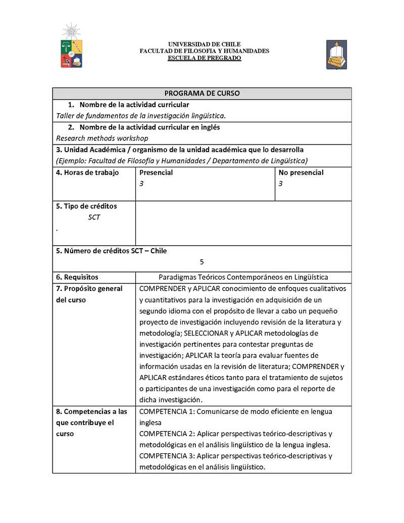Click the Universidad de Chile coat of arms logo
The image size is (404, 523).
tap(71, 47)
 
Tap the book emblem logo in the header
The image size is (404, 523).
tap(336, 55)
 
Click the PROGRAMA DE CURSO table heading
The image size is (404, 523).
tap(202, 93)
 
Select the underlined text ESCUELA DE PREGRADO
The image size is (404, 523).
tap(204, 58)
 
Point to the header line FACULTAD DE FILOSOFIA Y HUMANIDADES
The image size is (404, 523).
tap(204, 51)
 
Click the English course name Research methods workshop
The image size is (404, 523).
tap(102, 138)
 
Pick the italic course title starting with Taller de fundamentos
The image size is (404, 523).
tap(141, 116)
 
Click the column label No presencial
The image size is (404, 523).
tap(301, 172)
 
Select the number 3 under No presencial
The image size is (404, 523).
tap(280, 184)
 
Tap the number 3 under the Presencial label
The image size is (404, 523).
tap(141, 184)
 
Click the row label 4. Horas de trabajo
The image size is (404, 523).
tap(87, 172)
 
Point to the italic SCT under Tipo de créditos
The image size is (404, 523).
tap(94, 217)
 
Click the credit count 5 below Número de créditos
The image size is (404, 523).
tap(202, 262)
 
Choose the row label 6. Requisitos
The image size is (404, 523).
tap(77, 277)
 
